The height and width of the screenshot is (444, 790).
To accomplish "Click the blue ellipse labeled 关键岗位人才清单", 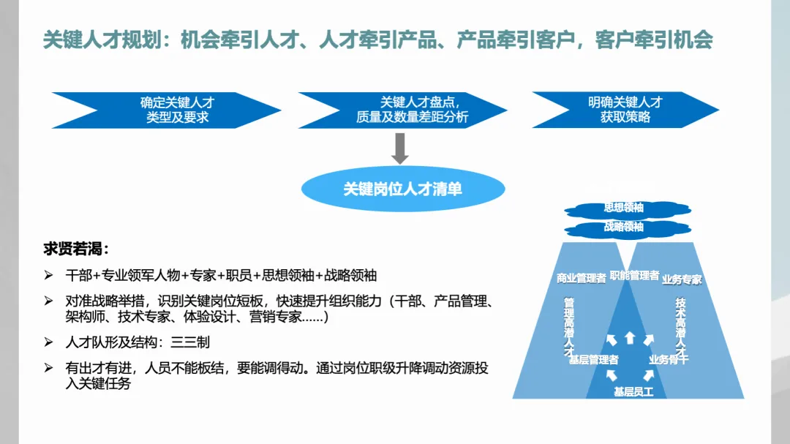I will [403, 189].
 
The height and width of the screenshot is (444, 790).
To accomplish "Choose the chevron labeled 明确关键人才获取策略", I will [625, 110].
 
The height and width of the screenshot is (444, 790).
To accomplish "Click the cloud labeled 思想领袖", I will [624, 208].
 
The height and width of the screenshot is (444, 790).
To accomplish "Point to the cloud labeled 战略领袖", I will [624, 227].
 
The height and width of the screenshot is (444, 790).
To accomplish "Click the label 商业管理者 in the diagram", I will [581, 279].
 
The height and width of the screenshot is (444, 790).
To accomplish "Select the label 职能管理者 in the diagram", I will [634, 276].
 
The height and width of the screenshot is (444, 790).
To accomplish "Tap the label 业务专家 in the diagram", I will [682, 279].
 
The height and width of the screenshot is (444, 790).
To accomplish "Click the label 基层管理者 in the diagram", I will [593, 359].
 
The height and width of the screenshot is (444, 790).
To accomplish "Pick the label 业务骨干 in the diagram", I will [668, 359].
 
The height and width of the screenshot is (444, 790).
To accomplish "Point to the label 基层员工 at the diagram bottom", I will [633, 392].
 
